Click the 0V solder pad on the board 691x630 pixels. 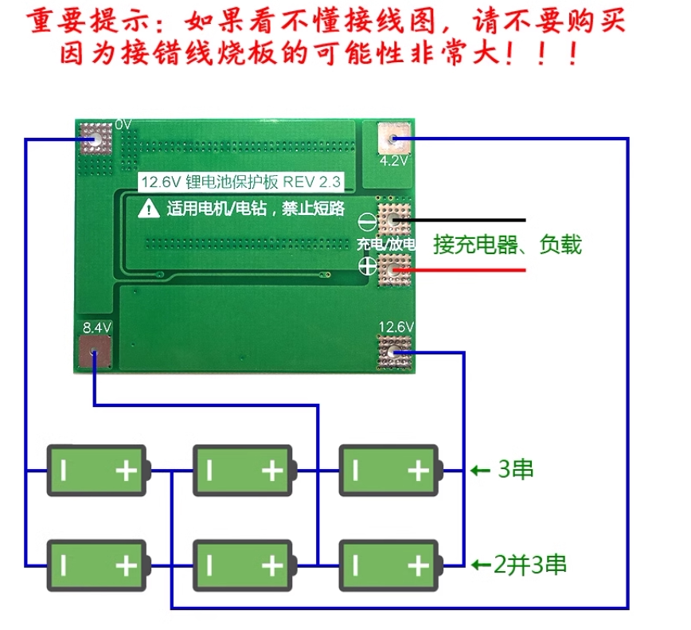[x=96, y=139]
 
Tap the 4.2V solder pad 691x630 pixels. [x=394, y=138]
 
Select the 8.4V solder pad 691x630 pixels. [x=94, y=351]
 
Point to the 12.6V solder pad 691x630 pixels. [x=394, y=352]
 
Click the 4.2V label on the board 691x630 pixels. [x=393, y=161]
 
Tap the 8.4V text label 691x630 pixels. [x=97, y=327]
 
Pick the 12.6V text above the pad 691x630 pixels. [x=396, y=327]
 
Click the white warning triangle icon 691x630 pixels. [x=149, y=208]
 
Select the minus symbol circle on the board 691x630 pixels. [x=367, y=221]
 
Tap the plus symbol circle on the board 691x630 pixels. [x=368, y=266]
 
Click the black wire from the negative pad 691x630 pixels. [x=459, y=220]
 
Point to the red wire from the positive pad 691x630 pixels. [x=459, y=270]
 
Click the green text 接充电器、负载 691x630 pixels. [x=507, y=245]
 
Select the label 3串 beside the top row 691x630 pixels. [x=516, y=469]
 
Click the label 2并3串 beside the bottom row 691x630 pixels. [x=529, y=565]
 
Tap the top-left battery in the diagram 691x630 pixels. [x=99, y=471]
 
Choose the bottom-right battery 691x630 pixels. [x=391, y=565]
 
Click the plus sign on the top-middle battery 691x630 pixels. [x=272, y=471]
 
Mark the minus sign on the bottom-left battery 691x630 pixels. [x=64, y=565]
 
